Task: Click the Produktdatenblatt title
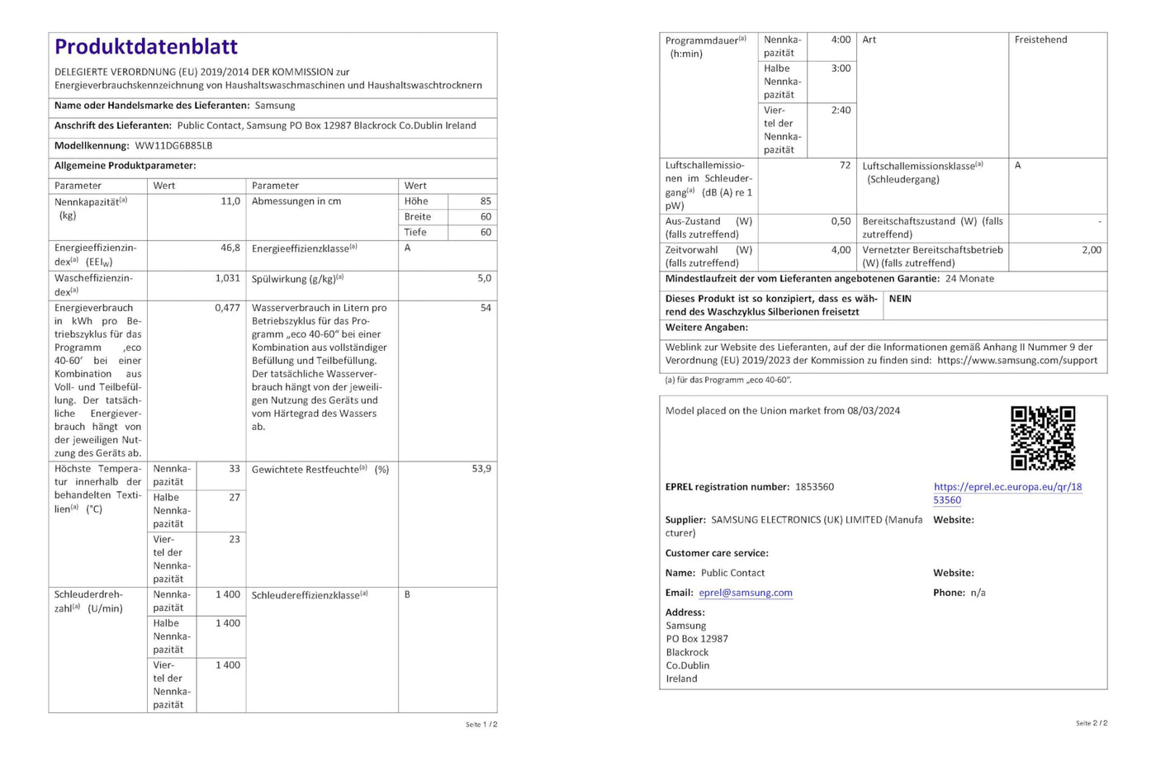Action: tap(146, 47)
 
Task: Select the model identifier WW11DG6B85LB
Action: tap(173, 146)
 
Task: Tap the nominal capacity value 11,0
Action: tap(230, 201)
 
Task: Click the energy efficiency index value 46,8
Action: tap(230, 248)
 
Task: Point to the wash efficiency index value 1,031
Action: tap(228, 278)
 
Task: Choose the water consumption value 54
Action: tap(486, 308)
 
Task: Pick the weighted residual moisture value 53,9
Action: tap(481, 469)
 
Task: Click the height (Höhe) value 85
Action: tap(486, 201)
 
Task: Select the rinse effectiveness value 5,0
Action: tap(484, 278)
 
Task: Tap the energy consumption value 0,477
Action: tap(227, 308)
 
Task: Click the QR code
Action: tap(1043, 438)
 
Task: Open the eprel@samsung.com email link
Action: tap(746, 593)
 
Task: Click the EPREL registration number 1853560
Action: tap(814, 487)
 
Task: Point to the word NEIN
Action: tap(900, 299)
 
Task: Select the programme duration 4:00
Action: tap(841, 40)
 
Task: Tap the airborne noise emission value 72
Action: tap(845, 165)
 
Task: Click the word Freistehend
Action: tap(1040, 40)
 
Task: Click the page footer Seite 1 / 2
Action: tap(481, 725)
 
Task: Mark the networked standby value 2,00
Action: tap(1091, 250)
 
